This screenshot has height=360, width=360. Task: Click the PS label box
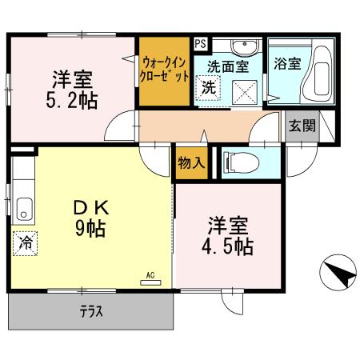pyautogui.click(x=200, y=44)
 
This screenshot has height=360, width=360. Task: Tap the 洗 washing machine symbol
pyautogui.click(x=208, y=87)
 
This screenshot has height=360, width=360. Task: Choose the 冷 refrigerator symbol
pyautogui.click(x=24, y=242)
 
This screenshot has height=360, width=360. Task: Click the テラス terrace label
pyautogui.click(x=90, y=311)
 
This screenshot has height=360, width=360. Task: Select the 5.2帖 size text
pyautogui.click(x=73, y=102)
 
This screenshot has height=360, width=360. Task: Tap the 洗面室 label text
pyautogui.click(x=226, y=66)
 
